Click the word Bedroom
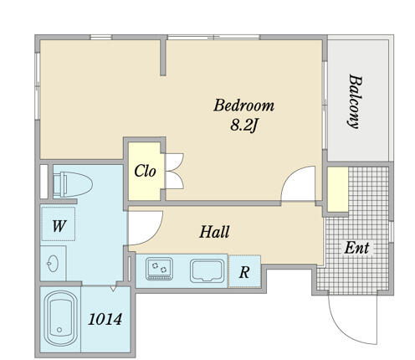[x=243, y=105]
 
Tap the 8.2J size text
[x=243, y=126]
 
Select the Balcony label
[x=355, y=101]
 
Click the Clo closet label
[x=145, y=171]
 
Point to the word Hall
[x=214, y=232]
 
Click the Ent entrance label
[x=356, y=248]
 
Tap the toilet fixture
[x=73, y=184]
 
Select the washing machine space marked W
[x=59, y=224]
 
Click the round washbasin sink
[x=52, y=263]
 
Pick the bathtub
[x=60, y=318]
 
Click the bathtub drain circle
[x=59, y=330]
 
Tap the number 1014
[x=105, y=319]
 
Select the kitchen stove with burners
[x=159, y=269]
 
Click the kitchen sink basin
[x=207, y=270]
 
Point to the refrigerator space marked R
[x=244, y=271]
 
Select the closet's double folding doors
[x=174, y=171]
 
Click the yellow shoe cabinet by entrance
[x=338, y=189]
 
